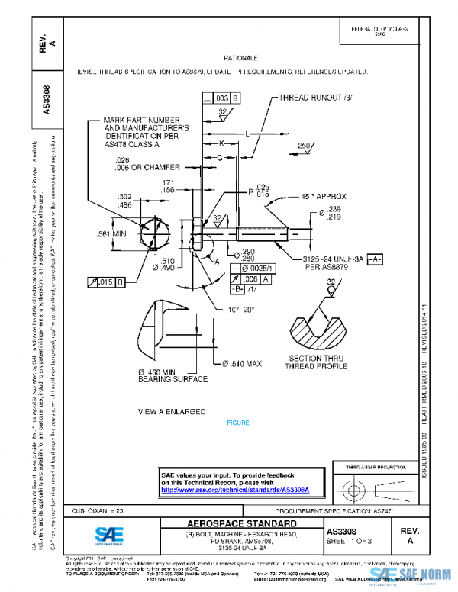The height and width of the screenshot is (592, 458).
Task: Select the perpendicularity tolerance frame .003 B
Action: pyautogui.click(x=221, y=98)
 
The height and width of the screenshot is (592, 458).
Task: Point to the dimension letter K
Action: pyautogui.click(x=221, y=143)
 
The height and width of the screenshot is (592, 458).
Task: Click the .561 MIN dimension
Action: pyautogui.click(x=111, y=234)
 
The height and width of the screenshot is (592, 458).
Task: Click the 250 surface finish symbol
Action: pyautogui.click(x=305, y=146)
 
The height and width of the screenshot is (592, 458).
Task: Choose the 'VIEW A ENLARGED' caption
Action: pyautogui.click(x=172, y=411)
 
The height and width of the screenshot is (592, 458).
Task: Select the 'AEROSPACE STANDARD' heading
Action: pyautogui.click(x=241, y=523)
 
